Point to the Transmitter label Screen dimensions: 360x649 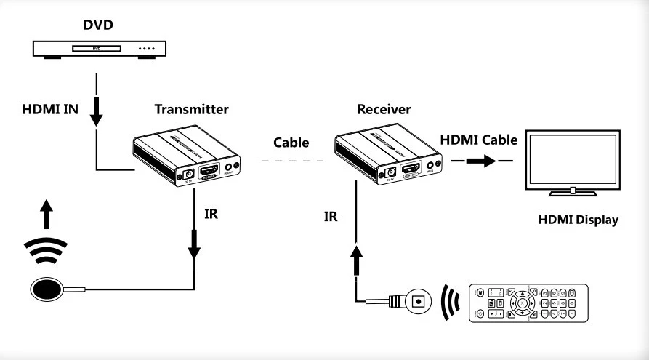[x=192, y=110]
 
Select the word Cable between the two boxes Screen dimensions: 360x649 [x=291, y=143]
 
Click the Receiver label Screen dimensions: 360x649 [x=384, y=110]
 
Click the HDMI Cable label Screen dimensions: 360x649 [x=480, y=140]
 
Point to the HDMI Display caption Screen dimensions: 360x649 [x=579, y=220]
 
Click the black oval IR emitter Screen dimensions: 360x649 [x=47, y=288]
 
